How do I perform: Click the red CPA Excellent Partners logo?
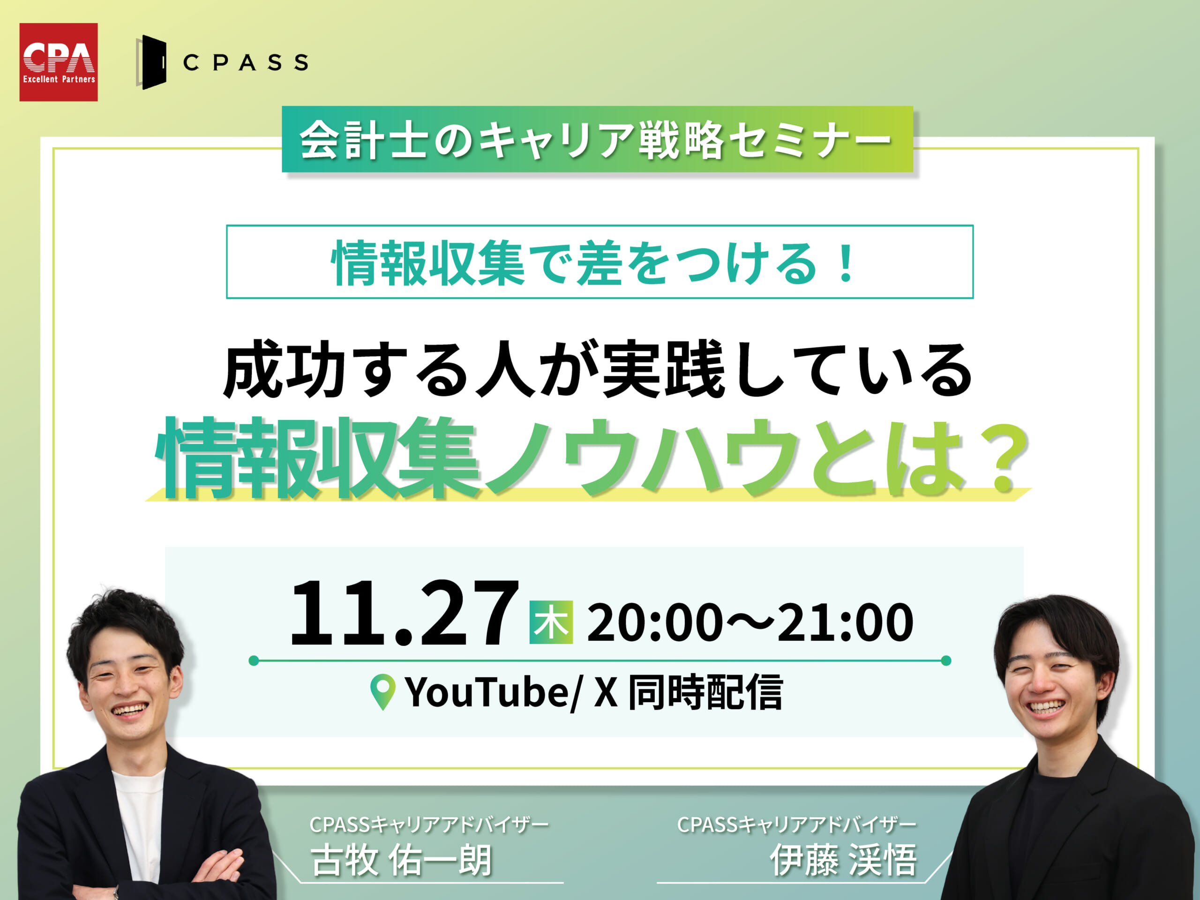(x=59, y=62)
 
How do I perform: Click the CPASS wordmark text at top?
(x=246, y=62)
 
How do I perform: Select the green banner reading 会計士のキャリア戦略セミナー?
(x=597, y=139)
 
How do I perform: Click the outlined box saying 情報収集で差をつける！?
(x=600, y=262)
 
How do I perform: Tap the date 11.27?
(x=404, y=613)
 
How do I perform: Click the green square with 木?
(x=551, y=622)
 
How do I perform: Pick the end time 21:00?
(x=845, y=623)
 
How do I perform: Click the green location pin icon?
(x=382, y=692)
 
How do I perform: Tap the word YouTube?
(x=487, y=693)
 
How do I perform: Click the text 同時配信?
(x=705, y=692)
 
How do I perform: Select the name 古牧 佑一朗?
(x=401, y=860)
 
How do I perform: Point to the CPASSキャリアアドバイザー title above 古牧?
(x=428, y=825)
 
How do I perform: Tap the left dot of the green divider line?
(x=253, y=660)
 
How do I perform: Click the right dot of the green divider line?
(x=946, y=660)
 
